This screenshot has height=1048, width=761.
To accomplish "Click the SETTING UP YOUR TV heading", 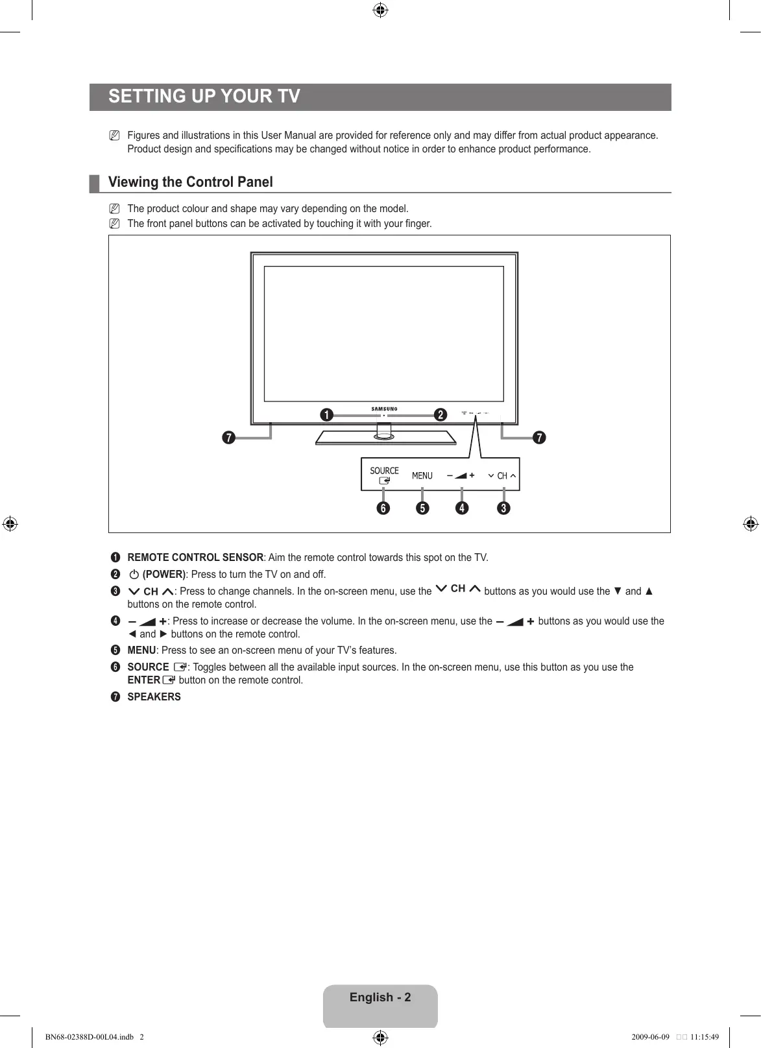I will pyautogui.click(x=204, y=97).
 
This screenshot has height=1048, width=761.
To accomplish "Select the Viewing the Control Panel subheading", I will pyautogui.click(x=190, y=182).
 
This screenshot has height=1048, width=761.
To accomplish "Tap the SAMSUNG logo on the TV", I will pyautogui.click(x=384, y=409).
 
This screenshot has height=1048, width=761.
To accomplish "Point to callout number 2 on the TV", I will pyautogui.click(x=441, y=415).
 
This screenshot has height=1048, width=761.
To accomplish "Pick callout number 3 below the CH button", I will pyautogui.click(x=503, y=508).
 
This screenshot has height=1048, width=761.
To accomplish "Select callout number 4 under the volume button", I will pyautogui.click(x=461, y=508).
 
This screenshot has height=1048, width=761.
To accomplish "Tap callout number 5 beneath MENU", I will pyautogui.click(x=422, y=508).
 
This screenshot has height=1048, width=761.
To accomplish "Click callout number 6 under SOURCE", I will pyautogui.click(x=383, y=508).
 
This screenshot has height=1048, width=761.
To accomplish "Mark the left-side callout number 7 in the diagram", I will pyautogui.click(x=228, y=438).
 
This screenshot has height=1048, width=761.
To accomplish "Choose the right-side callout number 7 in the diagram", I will pyautogui.click(x=539, y=438).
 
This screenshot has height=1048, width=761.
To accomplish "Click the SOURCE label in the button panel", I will pyautogui.click(x=384, y=471).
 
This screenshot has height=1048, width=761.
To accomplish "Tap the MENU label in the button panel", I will pyautogui.click(x=422, y=476).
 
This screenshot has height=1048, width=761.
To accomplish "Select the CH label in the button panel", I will pyautogui.click(x=502, y=476).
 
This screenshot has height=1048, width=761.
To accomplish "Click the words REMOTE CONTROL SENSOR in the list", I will pyautogui.click(x=195, y=558).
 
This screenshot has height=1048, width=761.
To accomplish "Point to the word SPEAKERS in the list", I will pyautogui.click(x=154, y=697).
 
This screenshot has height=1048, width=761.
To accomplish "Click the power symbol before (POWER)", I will pyautogui.click(x=134, y=575).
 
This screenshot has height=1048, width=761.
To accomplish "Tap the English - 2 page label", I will pyautogui.click(x=380, y=997).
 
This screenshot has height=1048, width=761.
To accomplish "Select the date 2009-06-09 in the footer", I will pyautogui.click(x=649, y=1037).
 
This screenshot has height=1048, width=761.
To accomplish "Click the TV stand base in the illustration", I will pyautogui.click(x=385, y=439).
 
